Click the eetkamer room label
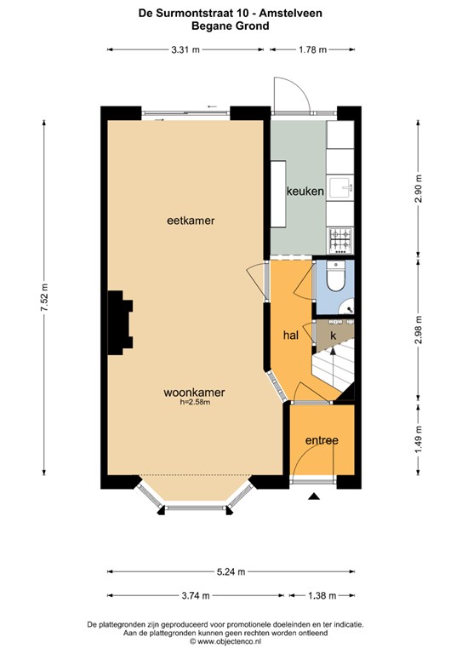pos(191,221)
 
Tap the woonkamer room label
pos(194,392)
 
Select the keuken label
pos(305,191)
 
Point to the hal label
pos(290,335)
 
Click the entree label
pos(322,440)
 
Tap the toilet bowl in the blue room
pos(336,276)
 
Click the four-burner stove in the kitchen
pos(340,241)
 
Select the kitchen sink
pos(341,188)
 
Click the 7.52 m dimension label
pos(44,297)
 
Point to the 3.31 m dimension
pos(185,49)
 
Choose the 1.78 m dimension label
pos(312,49)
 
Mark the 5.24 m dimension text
pos(231,572)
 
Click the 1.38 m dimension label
pos(322,595)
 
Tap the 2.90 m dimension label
pos(419,188)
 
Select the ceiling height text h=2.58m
pos(195,402)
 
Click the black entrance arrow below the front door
pos(314,496)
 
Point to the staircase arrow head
pos(333,351)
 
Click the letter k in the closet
pos(334,335)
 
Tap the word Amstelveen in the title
pos(291,14)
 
